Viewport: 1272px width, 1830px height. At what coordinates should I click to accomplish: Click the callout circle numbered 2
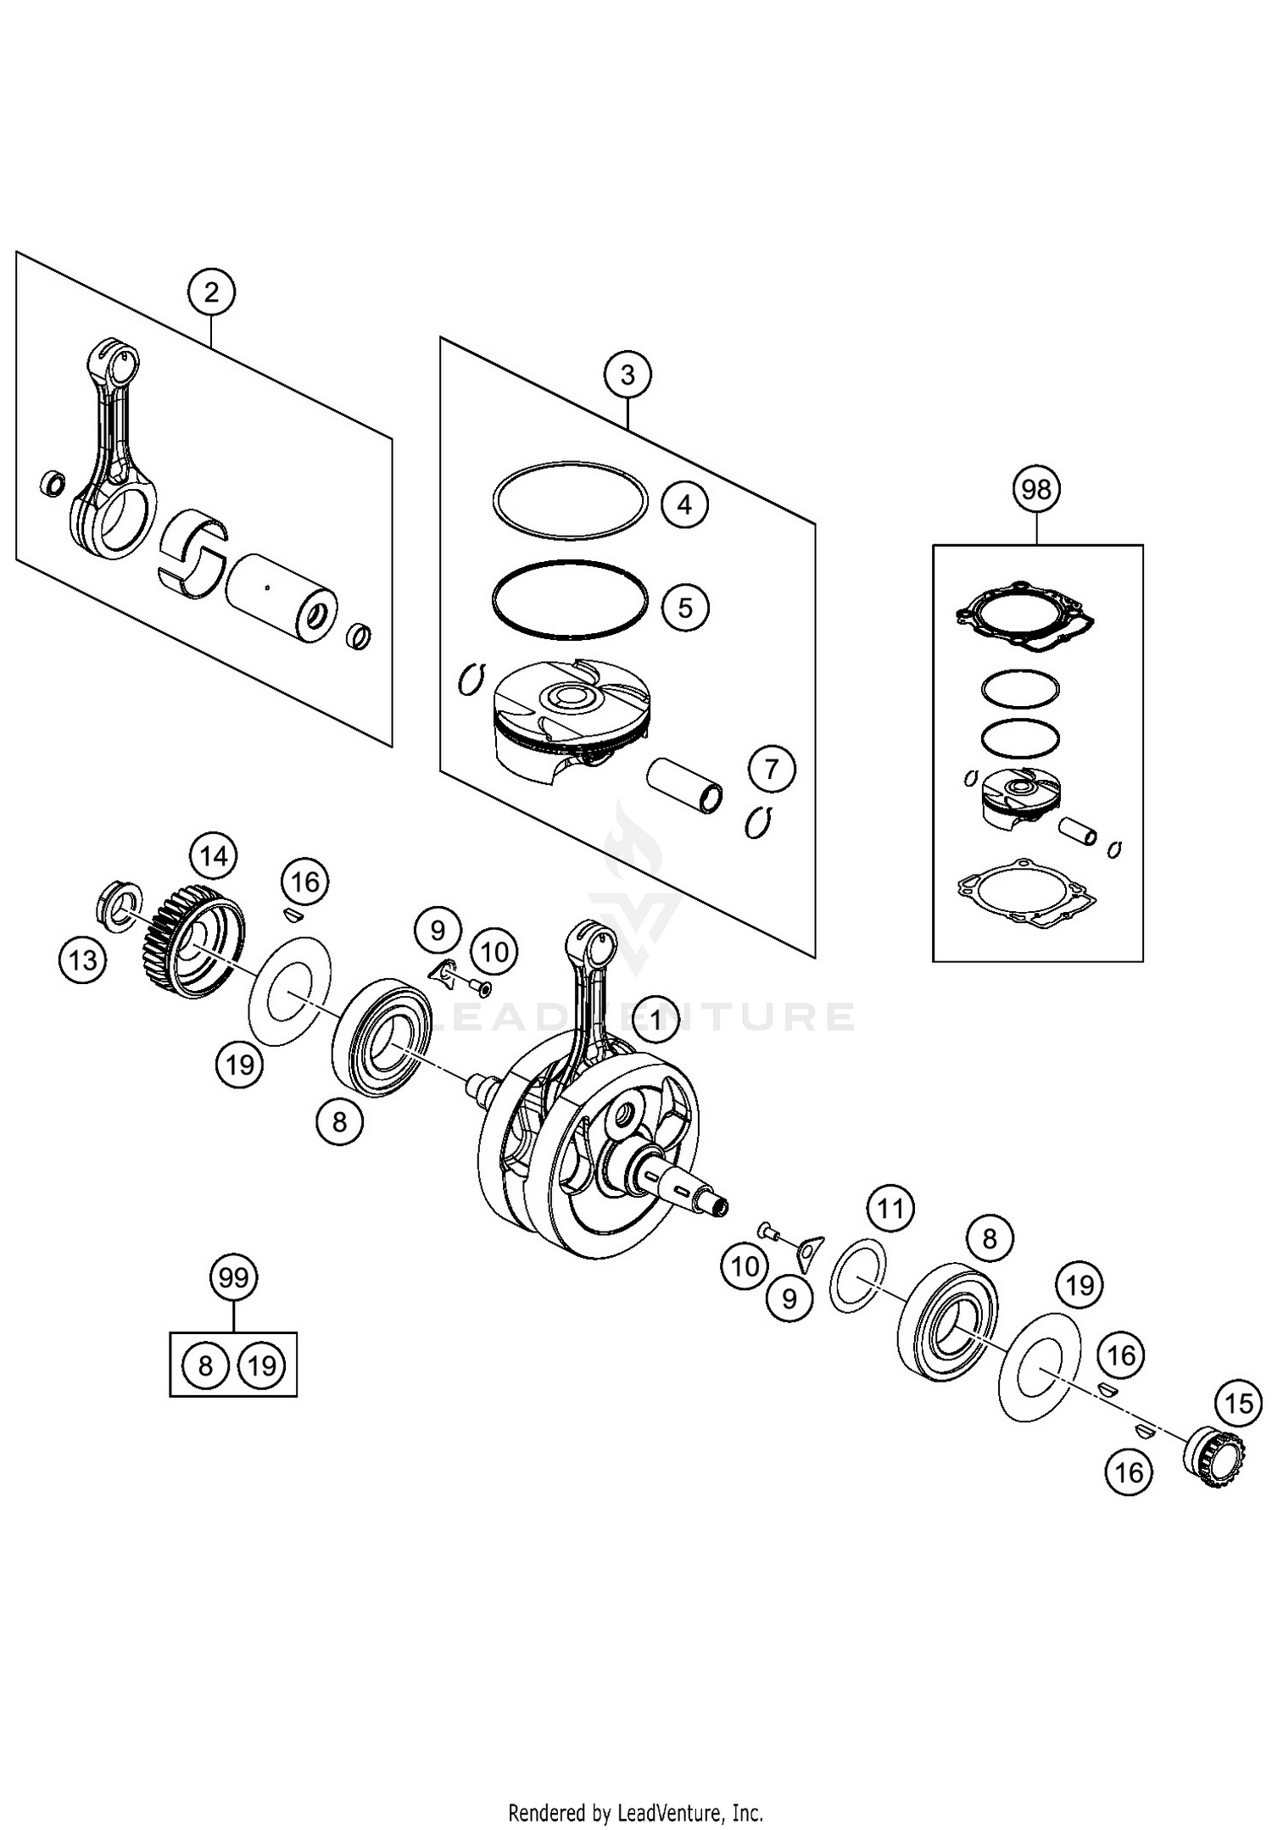pyautogui.click(x=211, y=292)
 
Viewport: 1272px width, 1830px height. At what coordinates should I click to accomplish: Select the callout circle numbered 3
pyautogui.click(x=628, y=375)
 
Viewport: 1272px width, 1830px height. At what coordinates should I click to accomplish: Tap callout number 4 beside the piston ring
pyautogui.click(x=684, y=504)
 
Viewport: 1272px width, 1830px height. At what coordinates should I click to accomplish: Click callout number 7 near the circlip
pyautogui.click(x=772, y=769)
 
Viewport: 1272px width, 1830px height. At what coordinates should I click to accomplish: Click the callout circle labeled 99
pyautogui.click(x=233, y=1277)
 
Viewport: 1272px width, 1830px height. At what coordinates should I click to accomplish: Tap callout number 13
pyautogui.click(x=83, y=960)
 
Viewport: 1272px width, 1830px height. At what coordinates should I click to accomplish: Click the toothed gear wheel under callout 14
pyautogui.click(x=191, y=940)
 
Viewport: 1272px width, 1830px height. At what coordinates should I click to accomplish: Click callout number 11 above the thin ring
pyautogui.click(x=890, y=1207)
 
